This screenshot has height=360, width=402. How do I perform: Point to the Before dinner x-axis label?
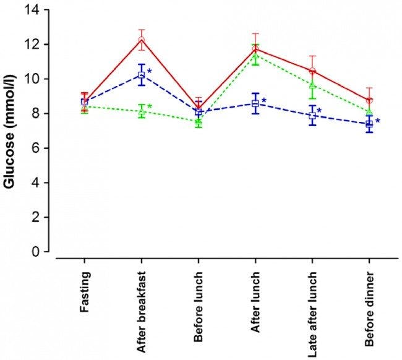(x=369, y=300)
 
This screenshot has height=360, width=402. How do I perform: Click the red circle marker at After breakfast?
(x=142, y=40)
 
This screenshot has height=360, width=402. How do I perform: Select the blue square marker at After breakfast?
(x=142, y=75)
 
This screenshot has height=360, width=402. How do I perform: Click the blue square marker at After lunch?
(x=255, y=104)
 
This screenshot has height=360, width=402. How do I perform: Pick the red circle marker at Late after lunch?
(x=312, y=71)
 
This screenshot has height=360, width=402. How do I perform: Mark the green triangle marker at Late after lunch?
(x=312, y=85)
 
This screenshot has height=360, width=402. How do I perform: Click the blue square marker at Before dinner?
(x=369, y=124)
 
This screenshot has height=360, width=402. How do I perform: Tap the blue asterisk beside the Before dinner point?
(x=377, y=121)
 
